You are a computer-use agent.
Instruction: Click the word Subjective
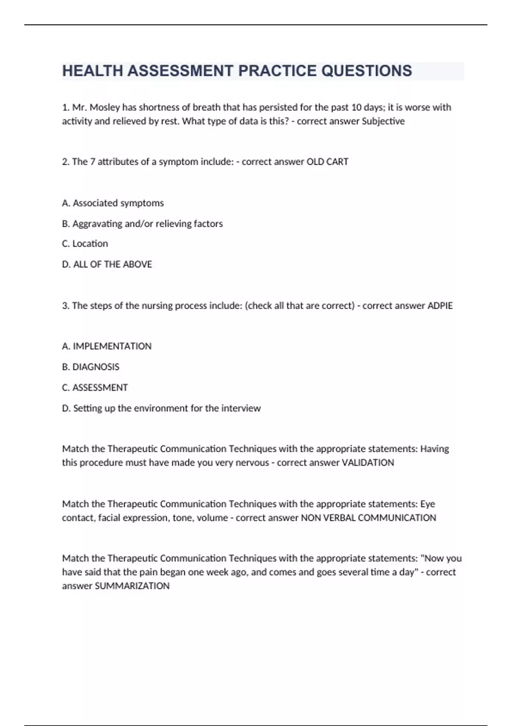(383, 121)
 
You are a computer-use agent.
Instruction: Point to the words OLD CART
(327, 162)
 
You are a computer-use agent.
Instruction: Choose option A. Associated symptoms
(113, 203)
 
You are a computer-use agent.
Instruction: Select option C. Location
(85, 243)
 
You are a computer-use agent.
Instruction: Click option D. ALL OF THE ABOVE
(107, 264)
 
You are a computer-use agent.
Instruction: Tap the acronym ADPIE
(440, 306)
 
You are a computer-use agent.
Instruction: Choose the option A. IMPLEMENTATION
(107, 346)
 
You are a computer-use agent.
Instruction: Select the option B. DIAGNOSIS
(90, 367)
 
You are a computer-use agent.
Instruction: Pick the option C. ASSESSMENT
(95, 387)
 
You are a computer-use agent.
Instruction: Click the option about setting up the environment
(161, 408)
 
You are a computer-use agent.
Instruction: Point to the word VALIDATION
(368, 463)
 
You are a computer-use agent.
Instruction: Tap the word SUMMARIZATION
(132, 586)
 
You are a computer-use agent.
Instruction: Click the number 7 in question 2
(93, 162)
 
